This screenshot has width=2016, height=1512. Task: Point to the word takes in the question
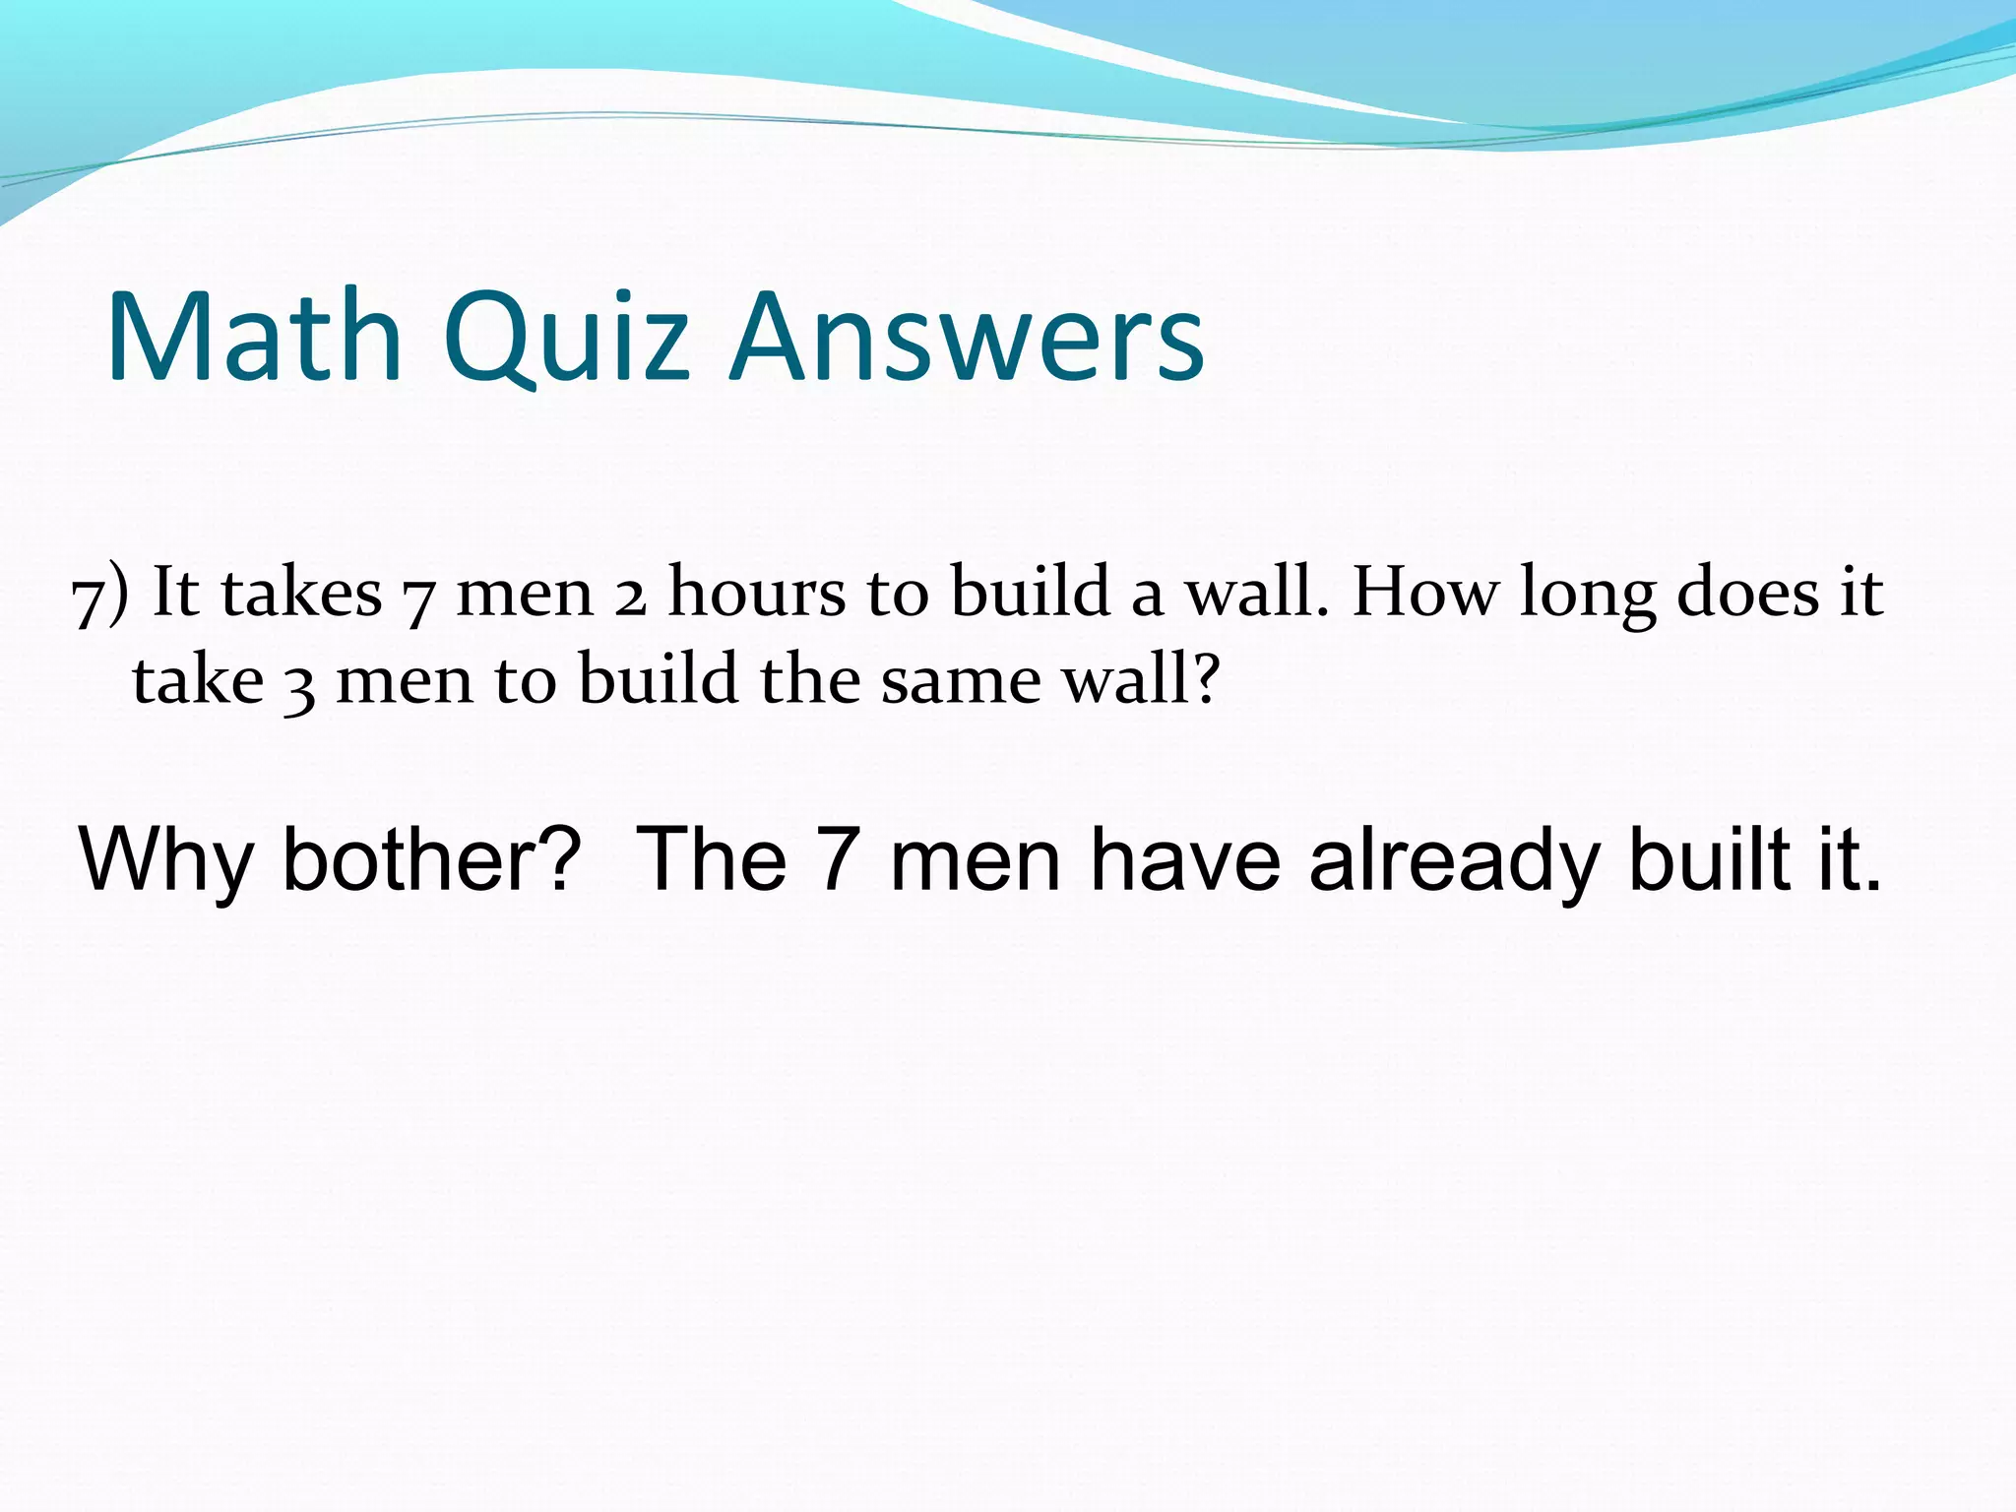point(301,593)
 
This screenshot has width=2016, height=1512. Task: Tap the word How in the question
point(1423,593)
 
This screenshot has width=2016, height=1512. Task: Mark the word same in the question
point(960,681)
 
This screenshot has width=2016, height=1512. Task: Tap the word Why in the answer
point(165,860)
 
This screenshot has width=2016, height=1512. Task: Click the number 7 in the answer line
point(838,859)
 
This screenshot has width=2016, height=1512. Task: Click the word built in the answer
point(1709,858)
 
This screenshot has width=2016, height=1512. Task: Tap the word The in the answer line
point(712,858)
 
